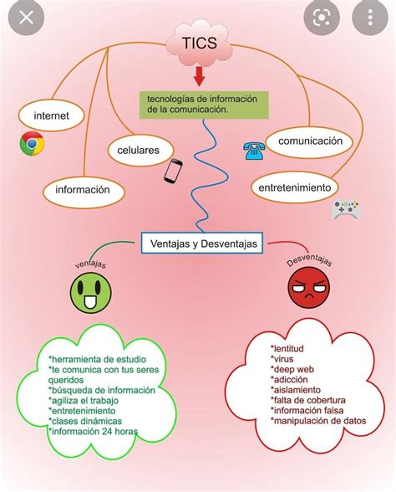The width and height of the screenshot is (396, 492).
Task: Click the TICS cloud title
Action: pyautogui.click(x=199, y=43)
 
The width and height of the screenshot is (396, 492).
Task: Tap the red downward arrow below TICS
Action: pyautogui.click(x=199, y=76)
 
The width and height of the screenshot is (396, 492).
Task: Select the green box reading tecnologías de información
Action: pyautogui.click(x=204, y=105)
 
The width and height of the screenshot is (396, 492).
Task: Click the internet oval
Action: pyautogui.click(x=51, y=115)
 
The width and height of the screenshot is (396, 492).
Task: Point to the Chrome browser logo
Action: pyautogui.click(x=32, y=144)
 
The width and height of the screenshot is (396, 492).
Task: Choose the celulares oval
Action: pyautogui.click(x=140, y=151)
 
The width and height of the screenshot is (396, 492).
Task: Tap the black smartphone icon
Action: pyautogui.click(x=173, y=171)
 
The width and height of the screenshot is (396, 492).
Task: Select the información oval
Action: pyautogui.click(x=84, y=190)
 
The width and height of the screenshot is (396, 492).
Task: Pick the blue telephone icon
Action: pyautogui.click(x=254, y=151)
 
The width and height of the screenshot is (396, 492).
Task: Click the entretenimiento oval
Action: pyautogui.click(x=295, y=187)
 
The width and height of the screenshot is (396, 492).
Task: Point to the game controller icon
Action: pyautogui.click(x=346, y=209)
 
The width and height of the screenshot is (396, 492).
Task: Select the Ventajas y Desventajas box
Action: pyautogui.click(x=202, y=243)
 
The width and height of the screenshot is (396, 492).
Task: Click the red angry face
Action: pyautogui.click(x=308, y=288)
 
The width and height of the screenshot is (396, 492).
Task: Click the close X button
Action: pyautogui.click(x=26, y=18)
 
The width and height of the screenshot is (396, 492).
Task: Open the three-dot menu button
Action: pyautogui.click(x=370, y=18)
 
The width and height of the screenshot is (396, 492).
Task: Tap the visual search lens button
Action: pyautogui.click(x=322, y=18)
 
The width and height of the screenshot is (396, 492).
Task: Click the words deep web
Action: pyautogui.click(x=292, y=369)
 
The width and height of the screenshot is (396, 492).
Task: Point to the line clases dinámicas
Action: pyautogui.click(x=85, y=421)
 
